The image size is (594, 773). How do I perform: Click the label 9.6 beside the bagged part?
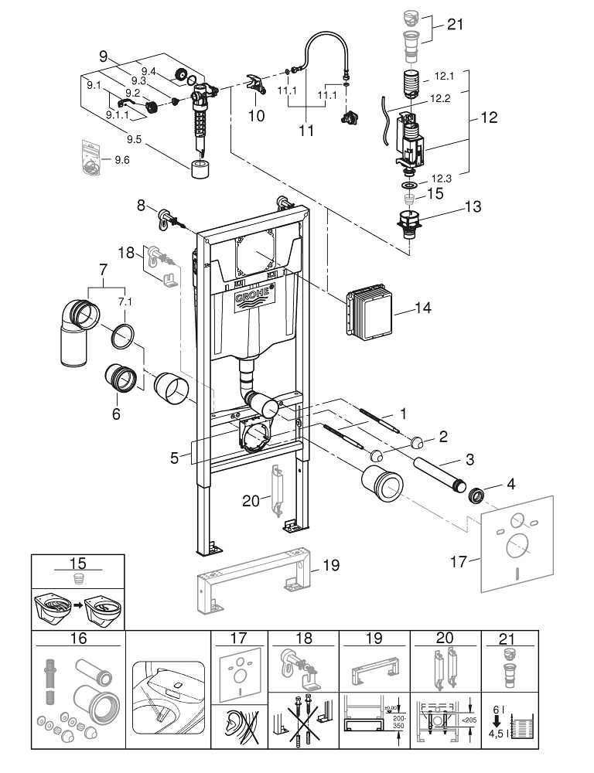122,160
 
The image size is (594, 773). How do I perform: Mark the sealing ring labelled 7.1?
125,337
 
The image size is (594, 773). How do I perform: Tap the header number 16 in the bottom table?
77,639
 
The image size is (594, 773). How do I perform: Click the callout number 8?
141,206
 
